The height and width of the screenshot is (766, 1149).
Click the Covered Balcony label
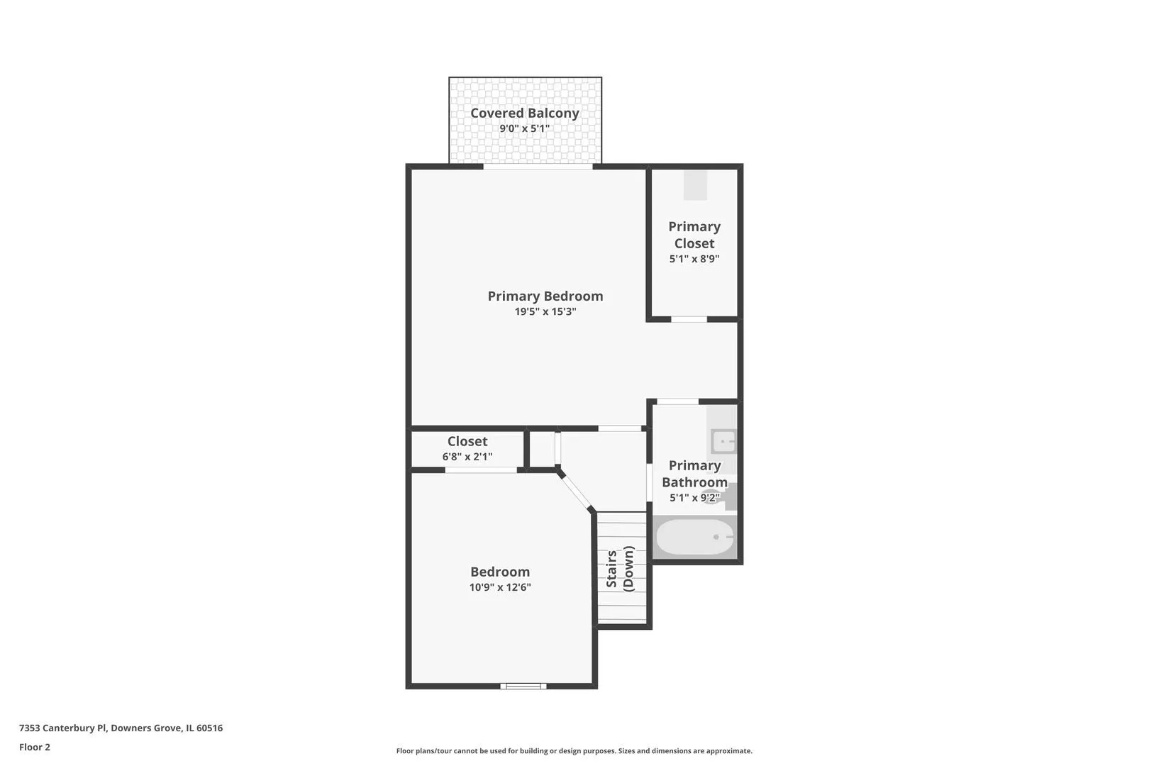525,113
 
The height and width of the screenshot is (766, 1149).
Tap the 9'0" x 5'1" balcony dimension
525,128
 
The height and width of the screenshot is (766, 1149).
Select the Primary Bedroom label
545,296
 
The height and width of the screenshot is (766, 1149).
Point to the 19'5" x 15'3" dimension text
545,311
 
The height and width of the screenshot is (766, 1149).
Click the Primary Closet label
694,235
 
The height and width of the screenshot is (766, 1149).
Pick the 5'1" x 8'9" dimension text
694,259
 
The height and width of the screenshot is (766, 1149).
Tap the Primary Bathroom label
695,474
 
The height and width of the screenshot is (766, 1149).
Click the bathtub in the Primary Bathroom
695,537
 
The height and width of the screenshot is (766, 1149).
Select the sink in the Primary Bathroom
723,441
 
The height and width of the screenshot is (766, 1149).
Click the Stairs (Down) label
620,569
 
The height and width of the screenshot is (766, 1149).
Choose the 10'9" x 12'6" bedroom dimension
500,587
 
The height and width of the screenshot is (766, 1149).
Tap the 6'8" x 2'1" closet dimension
467,457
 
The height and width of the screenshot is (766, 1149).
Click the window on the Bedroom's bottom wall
523,686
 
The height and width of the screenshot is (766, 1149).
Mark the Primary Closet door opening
689,320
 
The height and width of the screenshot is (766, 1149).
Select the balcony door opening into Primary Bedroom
538,166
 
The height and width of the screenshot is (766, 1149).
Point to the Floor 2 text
35,747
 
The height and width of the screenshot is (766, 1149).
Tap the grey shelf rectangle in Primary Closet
695,184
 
